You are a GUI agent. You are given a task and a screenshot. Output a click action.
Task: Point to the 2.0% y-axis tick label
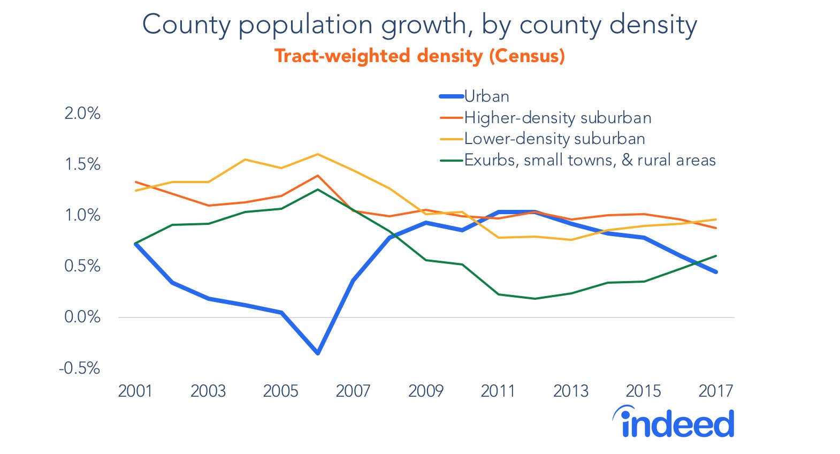pos(82,113)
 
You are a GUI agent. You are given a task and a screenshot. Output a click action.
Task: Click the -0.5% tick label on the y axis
pos(80,368)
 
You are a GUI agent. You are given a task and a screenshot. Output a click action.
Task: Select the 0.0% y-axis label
pos(82,317)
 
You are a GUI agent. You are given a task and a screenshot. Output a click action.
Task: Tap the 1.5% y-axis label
pos(82,164)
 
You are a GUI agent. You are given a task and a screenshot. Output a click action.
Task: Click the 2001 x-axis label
pos(135,391)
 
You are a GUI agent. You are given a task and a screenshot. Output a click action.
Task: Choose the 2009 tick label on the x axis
pos(426,391)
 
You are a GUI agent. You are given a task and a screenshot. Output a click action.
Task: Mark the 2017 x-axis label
pos(715,391)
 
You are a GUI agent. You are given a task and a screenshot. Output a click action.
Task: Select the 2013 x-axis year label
pos(571,391)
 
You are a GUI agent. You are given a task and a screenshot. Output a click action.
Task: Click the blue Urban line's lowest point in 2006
pos(318,353)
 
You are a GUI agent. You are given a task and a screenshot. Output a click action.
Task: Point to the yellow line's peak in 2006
pos(318,154)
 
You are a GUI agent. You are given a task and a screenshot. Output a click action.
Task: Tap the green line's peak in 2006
pos(318,190)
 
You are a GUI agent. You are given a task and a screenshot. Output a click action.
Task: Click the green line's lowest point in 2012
pos(535,299)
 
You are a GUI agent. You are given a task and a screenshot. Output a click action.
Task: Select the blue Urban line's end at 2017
pos(716,272)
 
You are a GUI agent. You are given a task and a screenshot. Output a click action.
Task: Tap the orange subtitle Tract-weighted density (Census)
pos(419,56)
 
